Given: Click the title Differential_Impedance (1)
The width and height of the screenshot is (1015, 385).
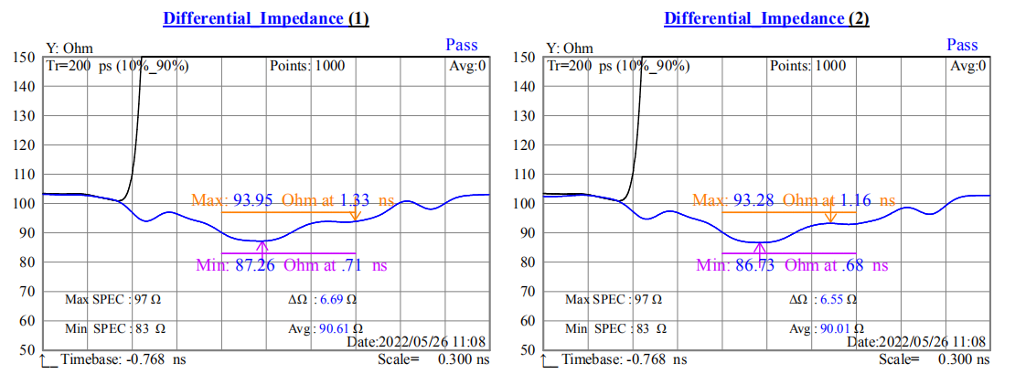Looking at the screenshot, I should point(266,18).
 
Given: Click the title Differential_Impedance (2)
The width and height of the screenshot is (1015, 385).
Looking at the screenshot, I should point(766,18).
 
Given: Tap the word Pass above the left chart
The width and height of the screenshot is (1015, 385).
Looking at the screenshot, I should point(462,45).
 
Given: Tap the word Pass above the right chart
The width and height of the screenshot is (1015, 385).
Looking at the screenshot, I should point(962,45).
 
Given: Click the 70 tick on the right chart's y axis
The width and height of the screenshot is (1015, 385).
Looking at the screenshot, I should point(524,292).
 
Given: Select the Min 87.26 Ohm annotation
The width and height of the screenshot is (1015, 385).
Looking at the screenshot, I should point(292,265).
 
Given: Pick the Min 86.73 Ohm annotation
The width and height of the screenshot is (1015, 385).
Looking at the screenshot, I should point(792,265).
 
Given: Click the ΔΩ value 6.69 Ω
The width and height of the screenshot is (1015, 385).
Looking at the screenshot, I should point(337,299).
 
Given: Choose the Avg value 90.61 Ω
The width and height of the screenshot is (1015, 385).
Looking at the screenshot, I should point(340,327).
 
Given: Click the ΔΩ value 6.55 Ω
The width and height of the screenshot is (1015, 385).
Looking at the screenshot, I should point(838,299).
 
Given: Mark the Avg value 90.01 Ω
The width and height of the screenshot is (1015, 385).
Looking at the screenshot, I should point(840,327).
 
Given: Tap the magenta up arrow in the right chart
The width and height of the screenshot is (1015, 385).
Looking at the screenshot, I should point(764,246).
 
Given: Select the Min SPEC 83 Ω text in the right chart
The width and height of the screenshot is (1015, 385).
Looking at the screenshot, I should point(615,327).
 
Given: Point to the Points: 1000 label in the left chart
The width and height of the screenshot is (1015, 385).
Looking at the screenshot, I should point(314,66).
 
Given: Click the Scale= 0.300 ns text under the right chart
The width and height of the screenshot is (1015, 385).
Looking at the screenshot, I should point(933,359).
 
